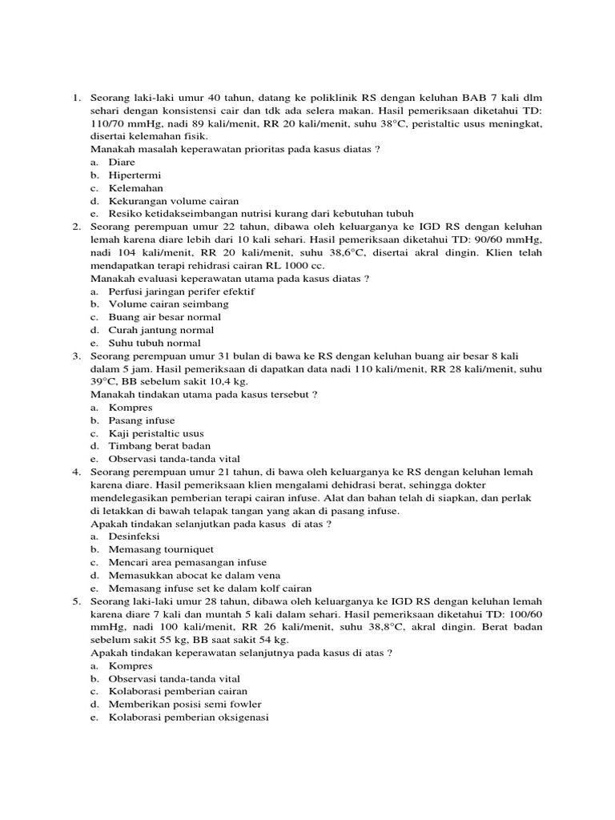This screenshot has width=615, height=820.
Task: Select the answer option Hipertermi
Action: (135, 175)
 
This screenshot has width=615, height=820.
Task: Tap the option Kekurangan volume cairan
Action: (174, 200)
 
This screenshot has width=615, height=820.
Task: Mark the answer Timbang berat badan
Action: (160, 446)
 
